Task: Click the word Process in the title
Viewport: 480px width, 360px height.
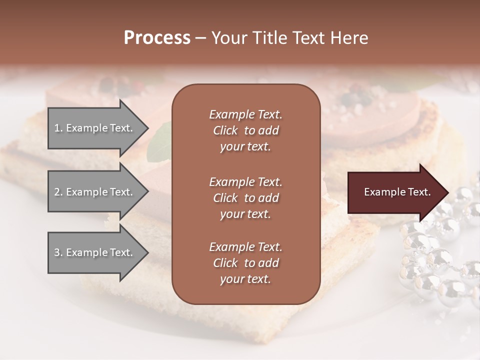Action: tap(157, 38)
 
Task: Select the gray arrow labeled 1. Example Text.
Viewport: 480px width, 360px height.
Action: tap(95, 128)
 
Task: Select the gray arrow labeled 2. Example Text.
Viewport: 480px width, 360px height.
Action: tap(95, 192)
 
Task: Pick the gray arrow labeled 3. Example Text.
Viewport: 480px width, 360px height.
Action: tap(95, 252)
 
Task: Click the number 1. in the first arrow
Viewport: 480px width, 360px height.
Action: tap(58, 128)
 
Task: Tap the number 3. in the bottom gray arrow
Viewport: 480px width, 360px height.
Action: tap(58, 252)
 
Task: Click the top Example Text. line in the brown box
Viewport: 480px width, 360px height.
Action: tap(245, 114)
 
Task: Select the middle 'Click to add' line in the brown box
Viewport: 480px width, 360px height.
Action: tap(245, 198)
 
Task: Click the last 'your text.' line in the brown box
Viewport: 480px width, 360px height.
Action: tap(245, 279)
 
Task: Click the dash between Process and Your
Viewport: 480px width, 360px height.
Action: tap(200, 38)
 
